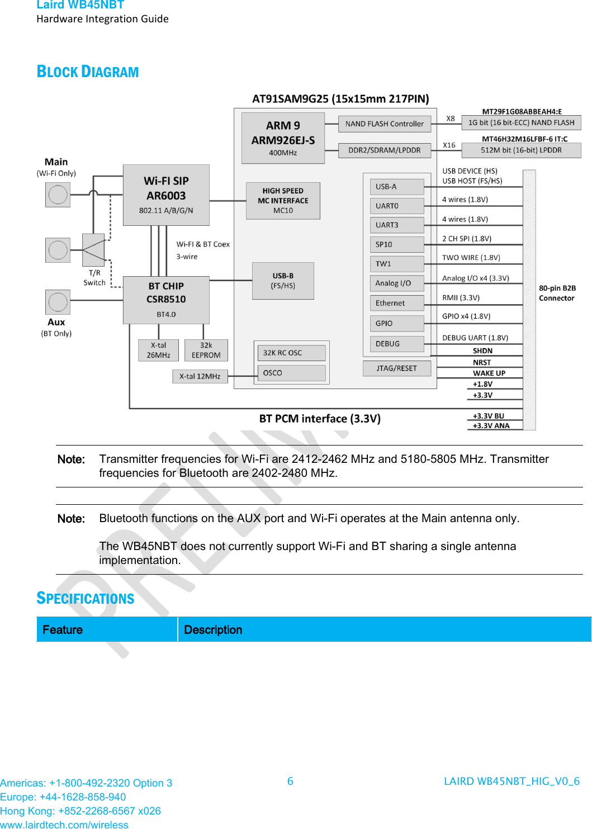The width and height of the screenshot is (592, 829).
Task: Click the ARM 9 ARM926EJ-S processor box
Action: coord(283,138)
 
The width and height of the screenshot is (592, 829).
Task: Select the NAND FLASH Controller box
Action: coord(385,124)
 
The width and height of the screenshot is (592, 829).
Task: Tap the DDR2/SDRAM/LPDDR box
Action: coord(385,150)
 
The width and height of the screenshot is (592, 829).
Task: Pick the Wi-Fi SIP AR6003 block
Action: coord(166,195)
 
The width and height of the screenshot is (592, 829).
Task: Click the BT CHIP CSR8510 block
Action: coord(166,300)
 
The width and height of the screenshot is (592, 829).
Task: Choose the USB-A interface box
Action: coord(396,187)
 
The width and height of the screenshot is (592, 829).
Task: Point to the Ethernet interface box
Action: coord(396,303)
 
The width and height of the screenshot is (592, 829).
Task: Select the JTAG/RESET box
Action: coord(396,368)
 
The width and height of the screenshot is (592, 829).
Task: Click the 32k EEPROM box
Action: coord(206,350)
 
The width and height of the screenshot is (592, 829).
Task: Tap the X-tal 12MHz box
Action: coord(200,377)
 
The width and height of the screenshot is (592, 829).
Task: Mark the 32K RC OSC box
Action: coord(291,353)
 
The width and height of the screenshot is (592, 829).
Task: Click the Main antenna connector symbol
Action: coord(58,195)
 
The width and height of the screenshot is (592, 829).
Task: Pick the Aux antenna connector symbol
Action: coord(58,302)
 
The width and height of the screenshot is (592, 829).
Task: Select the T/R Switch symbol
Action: coord(93,249)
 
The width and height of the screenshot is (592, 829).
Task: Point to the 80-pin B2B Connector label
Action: coord(557,293)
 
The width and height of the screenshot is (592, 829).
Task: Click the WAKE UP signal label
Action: coord(489,373)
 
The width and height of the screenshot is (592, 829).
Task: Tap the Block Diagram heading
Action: coord(88,72)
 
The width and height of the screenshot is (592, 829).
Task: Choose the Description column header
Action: coord(213,630)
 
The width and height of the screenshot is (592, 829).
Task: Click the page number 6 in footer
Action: coord(290,781)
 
